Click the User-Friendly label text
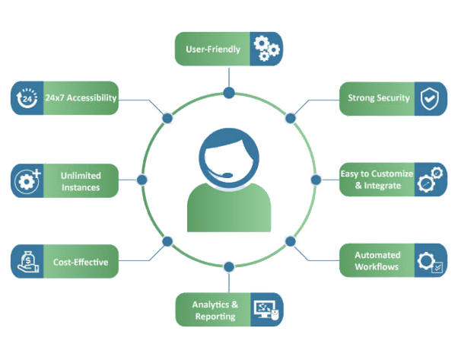click(x=213, y=49)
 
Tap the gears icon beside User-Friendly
click(x=266, y=49)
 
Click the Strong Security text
click(x=379, y=98)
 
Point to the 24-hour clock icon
click(x=27, y=98)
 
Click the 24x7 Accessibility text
click(x=80, y=98)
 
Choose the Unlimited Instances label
click(x=81, y=181)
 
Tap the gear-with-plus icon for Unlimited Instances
click(x=27, y=181)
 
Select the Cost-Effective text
click(x=81, y=263)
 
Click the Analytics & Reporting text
click(x=215, y=310)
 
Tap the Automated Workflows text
click(x=377, y=261)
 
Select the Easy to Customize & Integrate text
click(x=377, y=180)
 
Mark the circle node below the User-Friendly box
click(x=229, y=93)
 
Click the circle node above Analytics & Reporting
click(x=229, y=266)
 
